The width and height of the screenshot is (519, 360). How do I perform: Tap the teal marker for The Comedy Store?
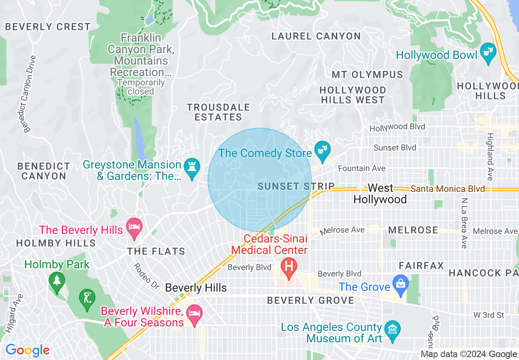[323, 151]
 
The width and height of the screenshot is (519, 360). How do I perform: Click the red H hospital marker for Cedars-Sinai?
[289, 268]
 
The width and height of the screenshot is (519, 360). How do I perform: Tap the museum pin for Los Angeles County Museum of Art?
[393, 330]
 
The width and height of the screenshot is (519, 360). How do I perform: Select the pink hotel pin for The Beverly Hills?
[134, 227]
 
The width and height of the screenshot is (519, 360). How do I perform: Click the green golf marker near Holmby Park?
[87, 298]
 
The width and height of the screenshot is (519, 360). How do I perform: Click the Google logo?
[27, 350]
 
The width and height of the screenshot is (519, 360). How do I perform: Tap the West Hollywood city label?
[380, 194]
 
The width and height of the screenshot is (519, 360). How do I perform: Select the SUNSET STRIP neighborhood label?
[296, 187]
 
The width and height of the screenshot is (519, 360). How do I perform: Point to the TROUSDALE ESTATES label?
[218, 112]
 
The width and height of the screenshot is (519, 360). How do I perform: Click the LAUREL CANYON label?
[316, 36]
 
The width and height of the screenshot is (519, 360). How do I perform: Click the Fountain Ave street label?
[362, 168]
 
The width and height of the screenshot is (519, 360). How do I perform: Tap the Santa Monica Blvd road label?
[447, 189]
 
